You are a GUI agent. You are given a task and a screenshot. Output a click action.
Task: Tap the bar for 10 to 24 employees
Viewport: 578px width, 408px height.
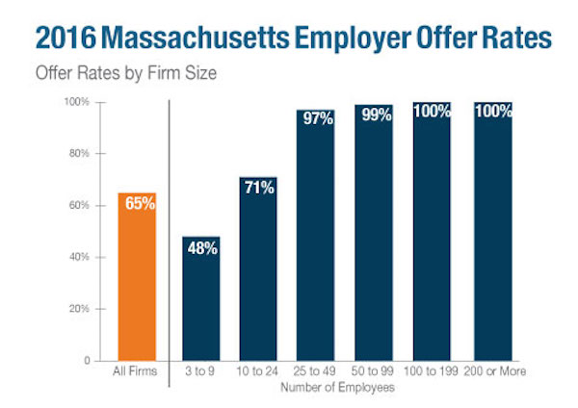click(258, 269)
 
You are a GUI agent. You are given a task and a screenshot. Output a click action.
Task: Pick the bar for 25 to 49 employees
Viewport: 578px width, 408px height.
click(315, 236)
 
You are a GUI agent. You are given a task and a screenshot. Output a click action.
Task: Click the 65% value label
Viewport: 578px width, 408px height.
click(137, 204)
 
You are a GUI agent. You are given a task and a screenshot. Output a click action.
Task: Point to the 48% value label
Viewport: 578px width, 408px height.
click(201, 248)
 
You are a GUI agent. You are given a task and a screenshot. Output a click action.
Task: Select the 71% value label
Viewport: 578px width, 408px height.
click(258, 189)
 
